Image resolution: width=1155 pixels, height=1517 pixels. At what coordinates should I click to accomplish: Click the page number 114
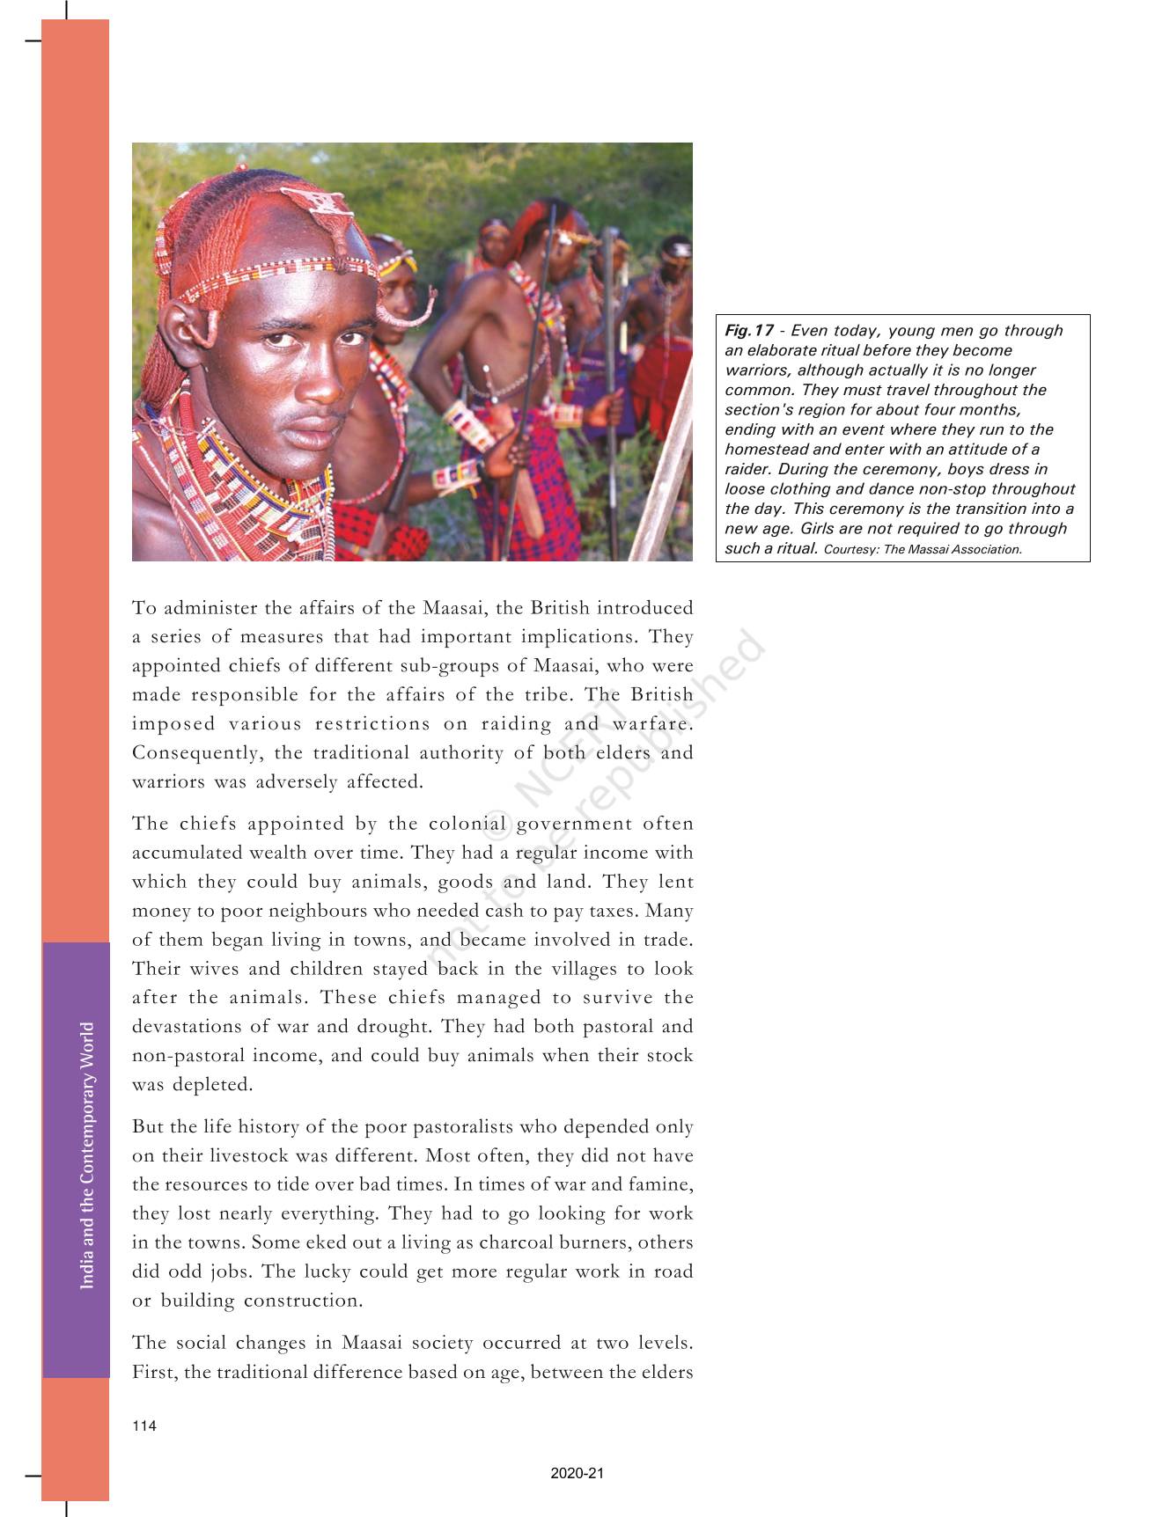[x=144, y=1426]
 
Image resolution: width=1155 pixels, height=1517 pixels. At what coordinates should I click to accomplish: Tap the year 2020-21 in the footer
[x=577, y=1474]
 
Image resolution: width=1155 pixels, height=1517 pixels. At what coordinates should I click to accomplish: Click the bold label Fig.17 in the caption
[x=749, y=331]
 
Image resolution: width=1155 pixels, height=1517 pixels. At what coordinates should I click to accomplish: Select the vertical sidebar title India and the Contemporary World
[x=86, y=1155]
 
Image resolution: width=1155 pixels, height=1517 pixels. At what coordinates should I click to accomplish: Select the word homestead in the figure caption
[x=763, y=450]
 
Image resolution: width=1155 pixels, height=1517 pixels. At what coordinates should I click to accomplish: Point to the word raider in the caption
[x=747, y=470]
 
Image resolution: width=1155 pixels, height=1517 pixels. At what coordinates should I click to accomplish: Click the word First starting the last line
[x=151, y=1372]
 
